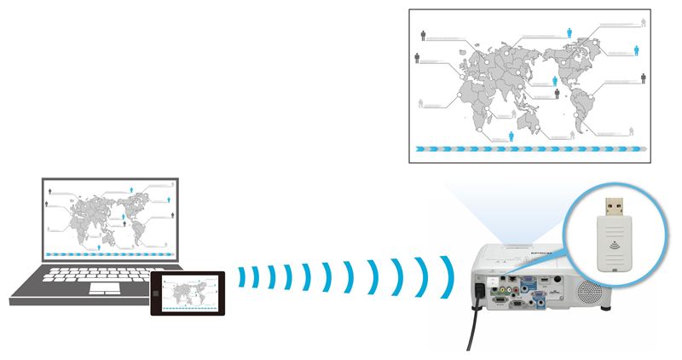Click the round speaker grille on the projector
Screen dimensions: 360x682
(x=587, y=290)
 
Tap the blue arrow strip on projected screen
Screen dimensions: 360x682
(x=529, y=149)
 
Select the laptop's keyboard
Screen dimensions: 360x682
(x=94, y=275)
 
